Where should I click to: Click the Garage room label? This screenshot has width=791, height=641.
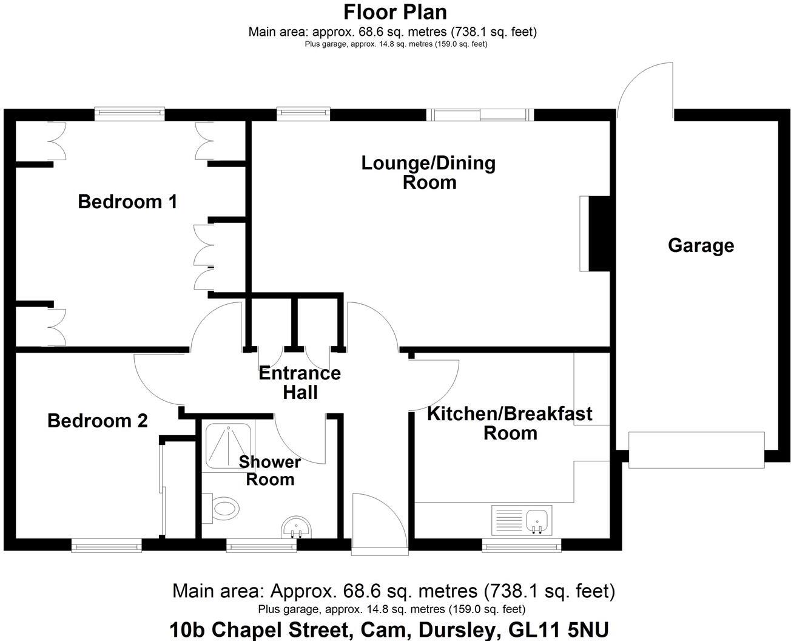click(701, 245)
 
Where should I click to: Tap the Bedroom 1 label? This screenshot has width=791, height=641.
click(127, 202)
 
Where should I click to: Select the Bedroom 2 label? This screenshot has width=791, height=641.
click(97, 421)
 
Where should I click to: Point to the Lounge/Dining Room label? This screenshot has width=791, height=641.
click(428, 172)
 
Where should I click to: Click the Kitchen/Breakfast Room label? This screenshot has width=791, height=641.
click(510, 423)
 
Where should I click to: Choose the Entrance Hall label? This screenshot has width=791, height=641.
click(300, 382)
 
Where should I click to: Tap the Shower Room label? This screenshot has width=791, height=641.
click(269, 470)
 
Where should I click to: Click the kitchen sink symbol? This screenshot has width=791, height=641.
click(537, 521)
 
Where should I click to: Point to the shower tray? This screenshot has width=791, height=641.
click(228, 446)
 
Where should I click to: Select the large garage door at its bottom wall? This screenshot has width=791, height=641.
click(696, 450)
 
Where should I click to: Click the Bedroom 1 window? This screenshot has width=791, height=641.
click(129, 114)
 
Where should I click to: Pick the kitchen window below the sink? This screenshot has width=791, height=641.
click(521, 546)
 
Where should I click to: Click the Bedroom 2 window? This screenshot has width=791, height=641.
click(106, 546)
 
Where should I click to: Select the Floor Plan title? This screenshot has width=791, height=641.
click(395, 12)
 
